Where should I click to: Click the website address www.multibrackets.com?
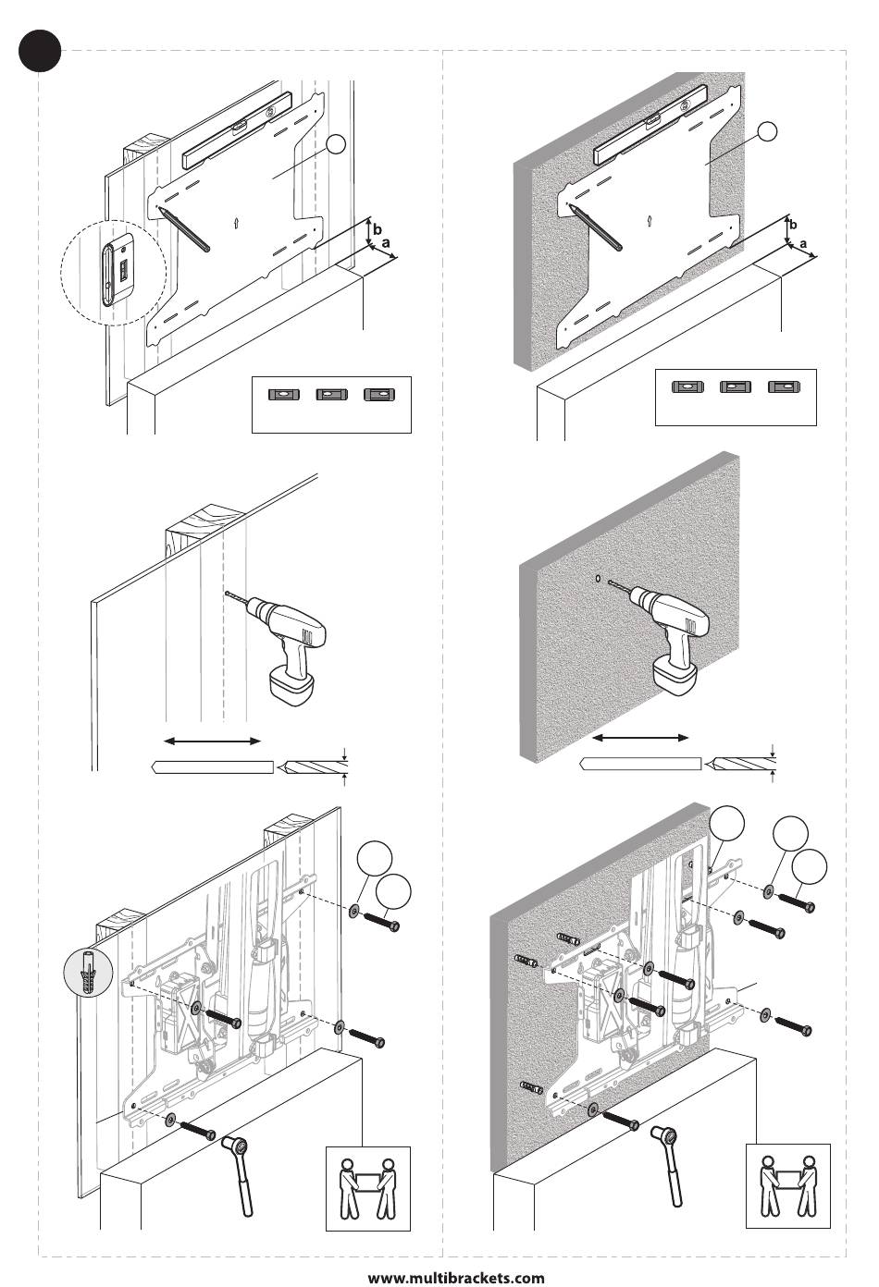456,1277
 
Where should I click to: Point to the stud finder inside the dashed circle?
119,269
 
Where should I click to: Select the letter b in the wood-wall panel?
376,226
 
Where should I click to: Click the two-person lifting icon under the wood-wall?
367,1188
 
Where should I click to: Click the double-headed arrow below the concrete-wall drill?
641,738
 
